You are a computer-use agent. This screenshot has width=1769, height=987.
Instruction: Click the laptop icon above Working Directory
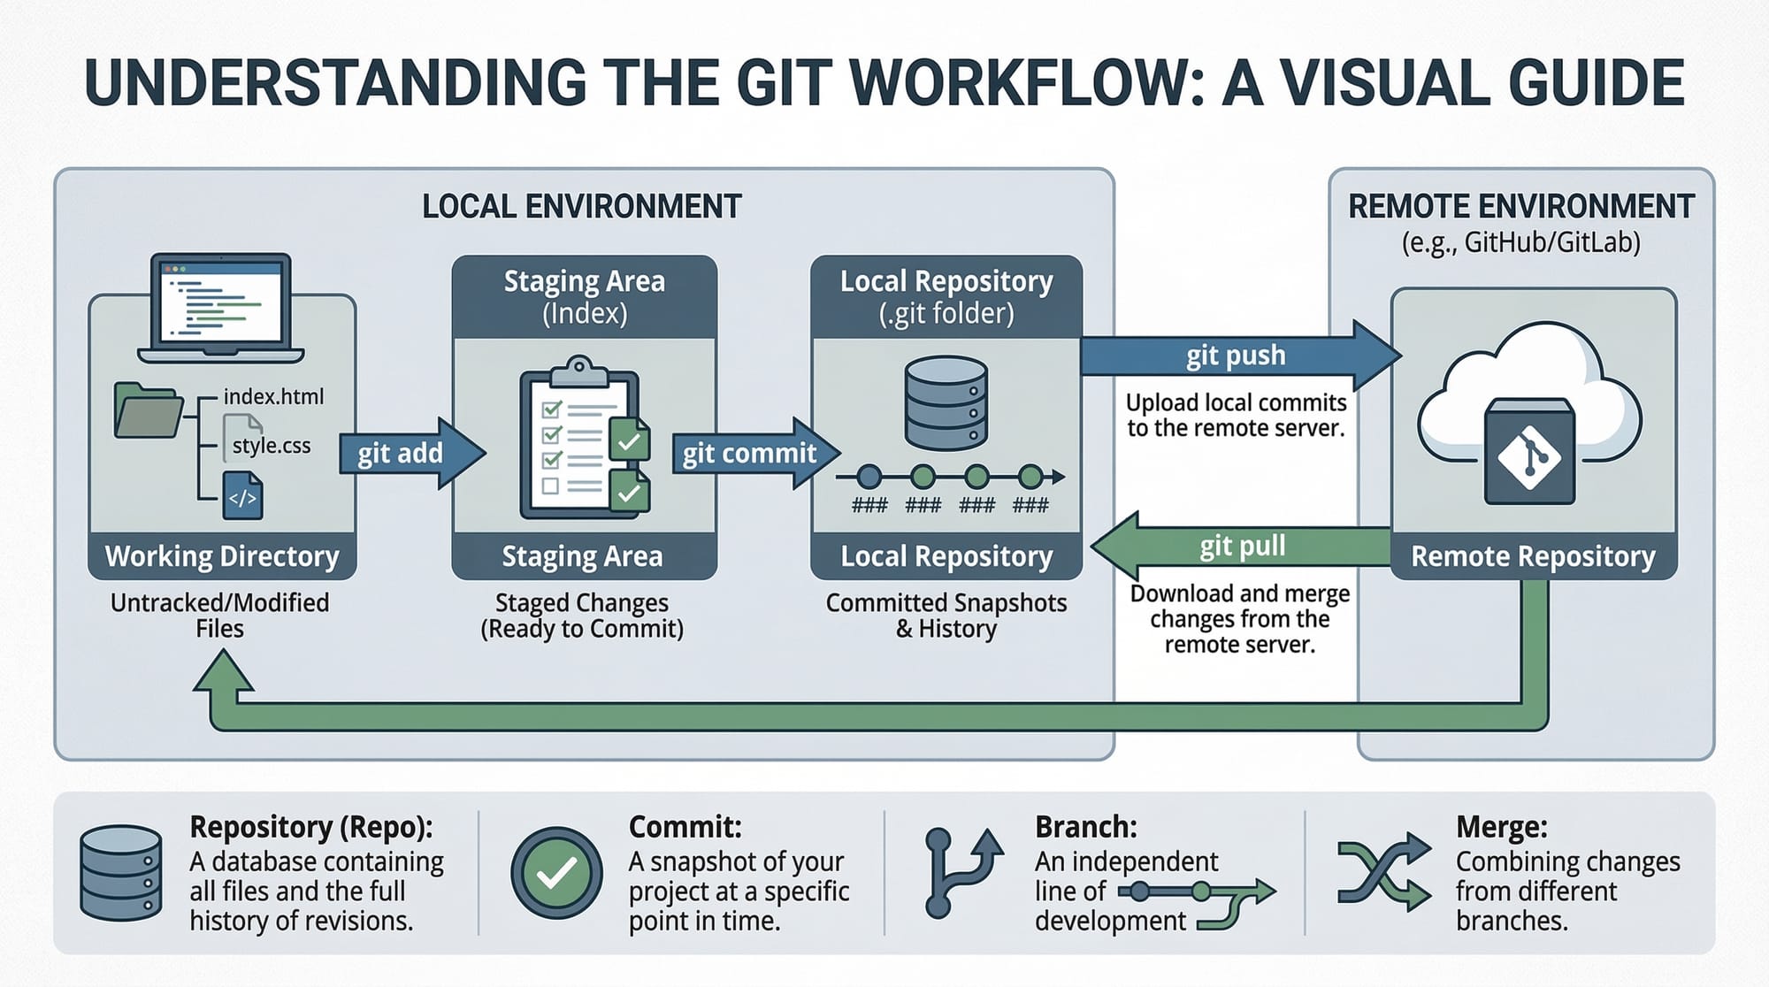click(221, 308)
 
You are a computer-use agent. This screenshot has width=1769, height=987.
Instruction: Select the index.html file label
click(273, 396)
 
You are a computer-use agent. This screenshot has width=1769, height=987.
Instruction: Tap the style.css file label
click(271, 445)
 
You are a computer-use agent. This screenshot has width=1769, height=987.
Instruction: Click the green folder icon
click(147, 410)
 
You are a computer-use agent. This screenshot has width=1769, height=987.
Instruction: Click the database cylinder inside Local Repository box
click(946, 402)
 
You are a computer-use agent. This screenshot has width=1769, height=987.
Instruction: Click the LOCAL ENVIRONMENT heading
click(581, 206)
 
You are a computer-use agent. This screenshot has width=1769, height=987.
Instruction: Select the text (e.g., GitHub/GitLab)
click(1520, 242)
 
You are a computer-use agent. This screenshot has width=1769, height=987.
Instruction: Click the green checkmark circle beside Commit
click(556, 873)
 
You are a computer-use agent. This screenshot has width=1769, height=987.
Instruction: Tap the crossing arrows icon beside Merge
click(1383, 872)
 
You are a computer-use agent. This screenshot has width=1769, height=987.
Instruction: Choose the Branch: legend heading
click(1085, 827)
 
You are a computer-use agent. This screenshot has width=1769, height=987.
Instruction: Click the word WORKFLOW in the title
click(1026, 84)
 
